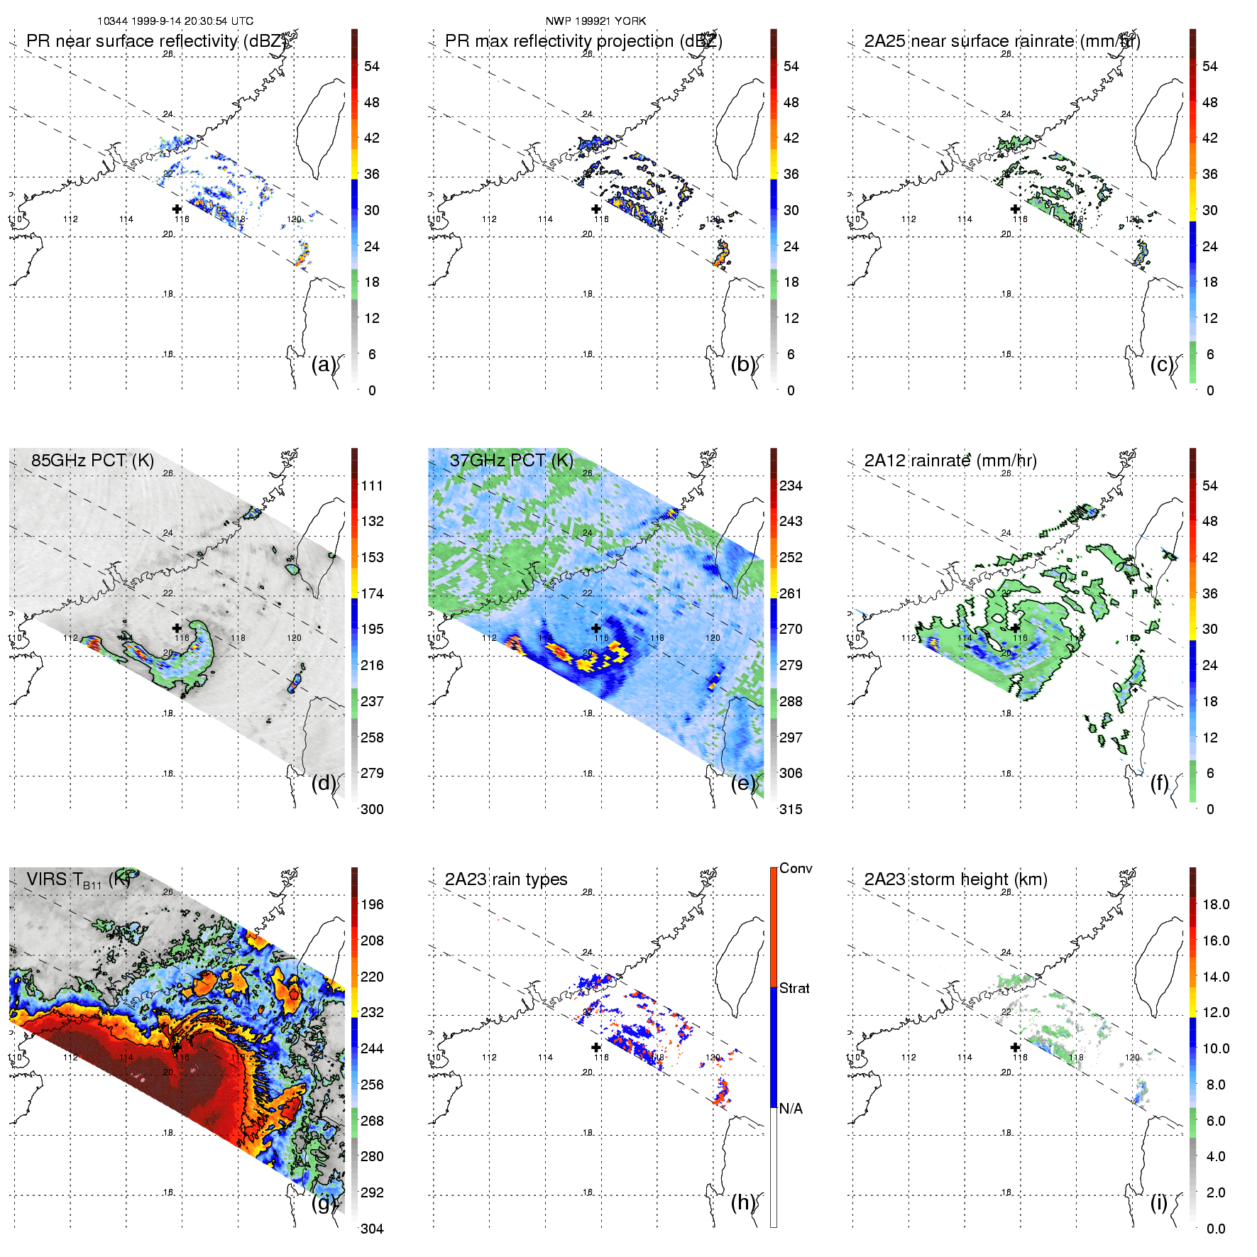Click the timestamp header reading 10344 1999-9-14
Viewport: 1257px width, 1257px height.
pyautogui.click(x=175, y=21)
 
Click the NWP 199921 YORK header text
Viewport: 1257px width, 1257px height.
pyautogui.click(x=595, y=21)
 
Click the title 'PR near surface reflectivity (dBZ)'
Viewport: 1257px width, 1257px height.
pyautogui.click(x=157, y=41)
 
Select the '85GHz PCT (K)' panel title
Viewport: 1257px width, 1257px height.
pyautogui.click(x=92, y=460)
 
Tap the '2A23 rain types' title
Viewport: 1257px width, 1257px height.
pyautogui.click(x=506, y=879)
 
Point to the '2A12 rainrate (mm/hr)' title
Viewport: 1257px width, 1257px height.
pyautogui.click(x=950, y=461)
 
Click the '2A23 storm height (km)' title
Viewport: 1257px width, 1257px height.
pyautogui.click(x=955, y=879)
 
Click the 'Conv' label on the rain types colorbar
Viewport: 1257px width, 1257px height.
pyautogui.click(x=796, y=869)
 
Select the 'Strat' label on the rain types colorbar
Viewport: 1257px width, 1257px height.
pyautogui.click(x=794, y=988)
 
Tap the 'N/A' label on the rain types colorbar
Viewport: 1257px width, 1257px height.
pyautogui.click(x=791, y=1109)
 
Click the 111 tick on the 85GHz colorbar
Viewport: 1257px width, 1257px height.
pyautogui.click(x=372, y=485)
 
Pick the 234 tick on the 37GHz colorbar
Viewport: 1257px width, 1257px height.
pyautogui.click(x=791, y=485)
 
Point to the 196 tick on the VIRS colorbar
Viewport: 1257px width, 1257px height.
pyautogui.click(x=372, y=904)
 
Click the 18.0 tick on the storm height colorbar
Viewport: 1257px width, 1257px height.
pyautogui.click(x=1215, y=904)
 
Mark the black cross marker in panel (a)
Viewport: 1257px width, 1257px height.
pyautogui.click(x=177, y=209)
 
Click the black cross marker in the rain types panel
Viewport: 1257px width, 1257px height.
pyautogui.click(x=596, y=1047)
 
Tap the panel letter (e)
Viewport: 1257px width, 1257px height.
pyautogui.click(x=743, y=783)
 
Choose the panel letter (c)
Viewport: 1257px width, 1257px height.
pyautogui.click(x=1162, y=364)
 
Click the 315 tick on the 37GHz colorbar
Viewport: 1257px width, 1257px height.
pyautogui.click(x=791, y=809)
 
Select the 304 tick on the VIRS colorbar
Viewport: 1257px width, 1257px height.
pyautogui.click(x=372, y=1229)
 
